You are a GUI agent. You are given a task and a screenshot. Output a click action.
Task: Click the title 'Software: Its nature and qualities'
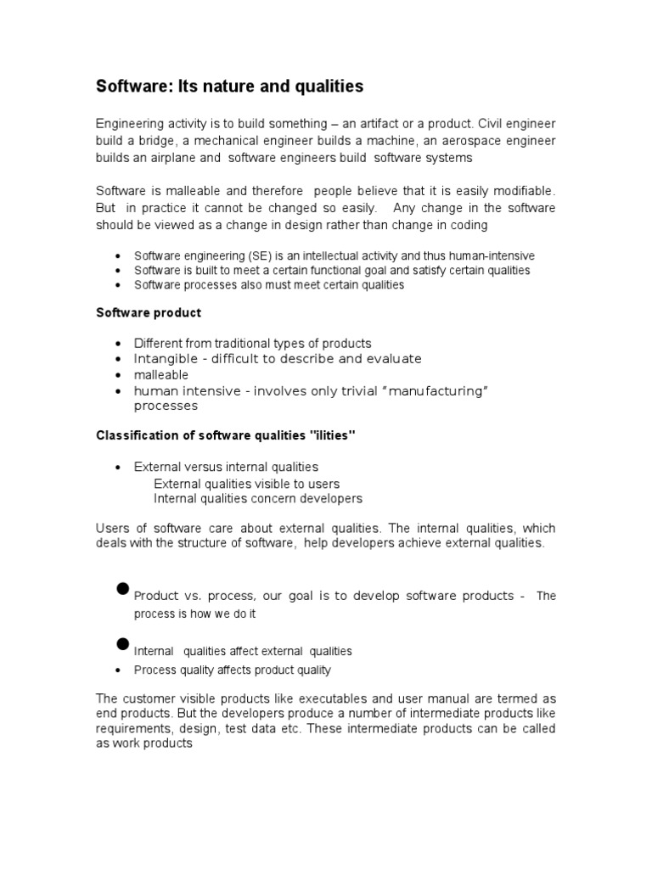(x=229, y=87)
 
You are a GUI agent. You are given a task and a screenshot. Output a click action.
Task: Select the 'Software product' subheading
(x=148, y=312)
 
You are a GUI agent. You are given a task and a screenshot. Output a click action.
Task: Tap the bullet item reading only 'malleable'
(x=161, y=374)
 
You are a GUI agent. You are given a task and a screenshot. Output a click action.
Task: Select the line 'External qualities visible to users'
(x=246, y=483)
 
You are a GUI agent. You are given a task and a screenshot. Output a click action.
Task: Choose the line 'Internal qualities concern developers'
(x=257, y=498)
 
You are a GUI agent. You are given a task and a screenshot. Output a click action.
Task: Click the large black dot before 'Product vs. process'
(x=122, y=589)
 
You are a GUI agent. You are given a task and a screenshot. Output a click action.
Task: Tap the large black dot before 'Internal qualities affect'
(x=122, y=644)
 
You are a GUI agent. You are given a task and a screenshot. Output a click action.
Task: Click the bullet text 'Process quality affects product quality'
(x=232, y=670)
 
